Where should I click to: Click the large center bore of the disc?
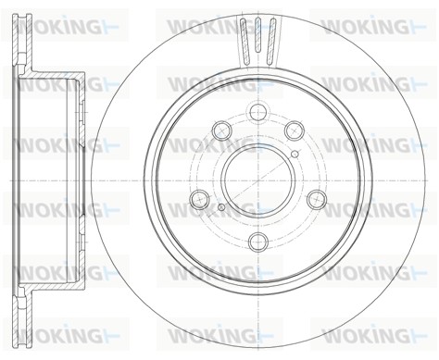(x=258, y=180)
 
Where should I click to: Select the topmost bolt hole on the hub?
(x=258, y=112)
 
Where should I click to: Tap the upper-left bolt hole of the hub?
(x=222, y=130)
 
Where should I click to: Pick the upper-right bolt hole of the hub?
(x=295, y=130)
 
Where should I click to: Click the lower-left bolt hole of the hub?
(x=200, y=199)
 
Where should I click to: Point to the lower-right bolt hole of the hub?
(x=317, y=199)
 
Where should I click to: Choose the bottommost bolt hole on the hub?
(x=258, y=242)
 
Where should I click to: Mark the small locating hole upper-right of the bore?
(x=295, y=154)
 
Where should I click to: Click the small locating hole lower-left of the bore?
(x=221, y=207)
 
